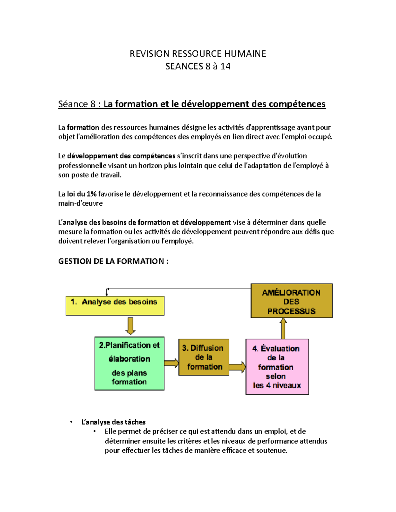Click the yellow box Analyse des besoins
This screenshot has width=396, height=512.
click(115, 306)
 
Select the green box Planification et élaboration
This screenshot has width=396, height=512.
click(129, 363)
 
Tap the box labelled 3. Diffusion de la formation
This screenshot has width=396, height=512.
click(204, 357)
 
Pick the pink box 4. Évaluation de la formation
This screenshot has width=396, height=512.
click(277, 367)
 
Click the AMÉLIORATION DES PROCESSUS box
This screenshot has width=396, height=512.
click(291, 301)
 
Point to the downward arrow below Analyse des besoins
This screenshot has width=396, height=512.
click(130, 326)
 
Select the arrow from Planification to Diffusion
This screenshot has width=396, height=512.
click(171, 363)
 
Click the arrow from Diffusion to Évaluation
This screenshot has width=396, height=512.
click(237, 367)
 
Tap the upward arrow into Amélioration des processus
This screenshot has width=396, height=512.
click(283, 328)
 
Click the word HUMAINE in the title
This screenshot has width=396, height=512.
click(245, 54)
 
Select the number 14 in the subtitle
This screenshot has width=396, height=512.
click(225, 66)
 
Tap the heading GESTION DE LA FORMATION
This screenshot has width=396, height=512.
click(113, 261)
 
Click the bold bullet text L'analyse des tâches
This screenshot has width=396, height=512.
click(113, 422)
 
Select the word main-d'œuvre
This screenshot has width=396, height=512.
click(80, 203)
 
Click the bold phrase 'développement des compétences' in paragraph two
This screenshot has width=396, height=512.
click(121, 156)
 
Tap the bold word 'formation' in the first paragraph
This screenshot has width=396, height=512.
click(83, 128)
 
